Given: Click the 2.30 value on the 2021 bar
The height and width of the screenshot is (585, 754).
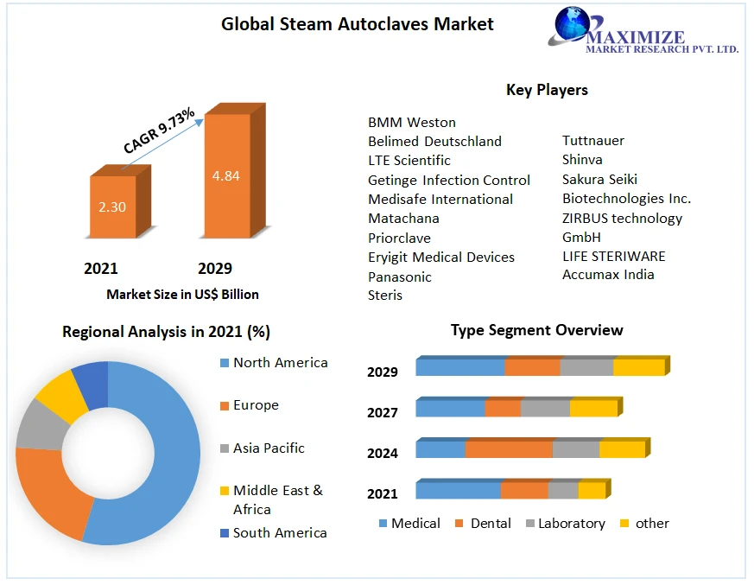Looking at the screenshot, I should (112, 207).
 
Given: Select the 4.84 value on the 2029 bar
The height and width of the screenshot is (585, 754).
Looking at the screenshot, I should (225, 175).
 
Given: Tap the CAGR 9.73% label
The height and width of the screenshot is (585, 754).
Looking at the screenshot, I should (159, 131).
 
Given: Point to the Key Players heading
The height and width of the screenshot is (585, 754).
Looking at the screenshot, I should (546, 90).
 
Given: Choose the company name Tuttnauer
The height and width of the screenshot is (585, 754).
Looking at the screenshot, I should (592, 140).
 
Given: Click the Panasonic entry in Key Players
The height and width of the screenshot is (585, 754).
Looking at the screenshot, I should (399, 277).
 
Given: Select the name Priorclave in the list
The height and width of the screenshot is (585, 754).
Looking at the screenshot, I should (399, 238).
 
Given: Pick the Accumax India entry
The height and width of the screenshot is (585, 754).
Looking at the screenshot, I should (608, 275).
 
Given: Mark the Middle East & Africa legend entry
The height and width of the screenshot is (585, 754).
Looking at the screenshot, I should (276, 499).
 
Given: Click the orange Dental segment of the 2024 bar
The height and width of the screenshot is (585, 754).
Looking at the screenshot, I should (508, 449).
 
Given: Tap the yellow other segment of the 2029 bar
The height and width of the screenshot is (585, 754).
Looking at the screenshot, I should (638, 367).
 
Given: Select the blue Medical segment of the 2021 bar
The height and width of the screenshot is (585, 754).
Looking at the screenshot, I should (458, 491).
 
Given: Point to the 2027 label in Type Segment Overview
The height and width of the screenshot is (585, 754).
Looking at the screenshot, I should (383, 413).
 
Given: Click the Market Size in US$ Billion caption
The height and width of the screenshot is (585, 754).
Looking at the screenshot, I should (182, 295).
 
